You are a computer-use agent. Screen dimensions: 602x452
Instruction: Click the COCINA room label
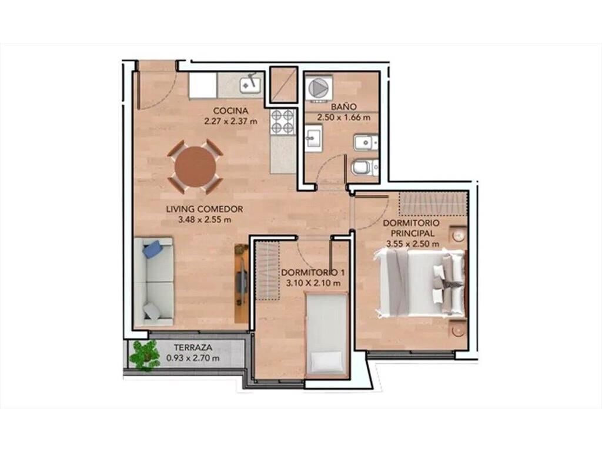tap(230, 111)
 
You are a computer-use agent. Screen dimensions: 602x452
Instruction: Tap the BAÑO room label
tap(343, 106)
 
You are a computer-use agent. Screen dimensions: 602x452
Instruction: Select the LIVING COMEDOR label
tap(205, 209)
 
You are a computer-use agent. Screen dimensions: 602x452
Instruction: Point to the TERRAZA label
tap(193, 347)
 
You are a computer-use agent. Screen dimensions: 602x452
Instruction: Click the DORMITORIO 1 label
tap(313, 272)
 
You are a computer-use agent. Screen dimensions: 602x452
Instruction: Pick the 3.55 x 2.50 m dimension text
tap(413, 244)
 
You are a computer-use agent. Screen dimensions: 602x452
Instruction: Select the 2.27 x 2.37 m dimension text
tap(230, 121)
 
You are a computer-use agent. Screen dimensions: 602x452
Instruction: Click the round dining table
tap(195, 166)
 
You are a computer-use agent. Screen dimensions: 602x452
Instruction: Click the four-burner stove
tap(283, 121)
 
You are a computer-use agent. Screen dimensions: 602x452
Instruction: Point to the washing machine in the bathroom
tap(318, 88)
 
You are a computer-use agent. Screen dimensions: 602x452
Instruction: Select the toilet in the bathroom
tap(364, 168)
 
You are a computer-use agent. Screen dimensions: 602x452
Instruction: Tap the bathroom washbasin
tap(314, 139)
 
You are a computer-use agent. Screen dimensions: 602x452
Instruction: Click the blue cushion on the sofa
tap(152, 249)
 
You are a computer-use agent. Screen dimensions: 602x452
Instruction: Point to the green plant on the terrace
tap(144, 355)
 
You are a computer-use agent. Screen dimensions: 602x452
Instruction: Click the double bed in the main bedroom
tap(421, 283)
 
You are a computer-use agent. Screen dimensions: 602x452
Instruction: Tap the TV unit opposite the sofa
tap(242, 283)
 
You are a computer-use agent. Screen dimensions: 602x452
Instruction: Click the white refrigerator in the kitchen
tap(203, 85)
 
